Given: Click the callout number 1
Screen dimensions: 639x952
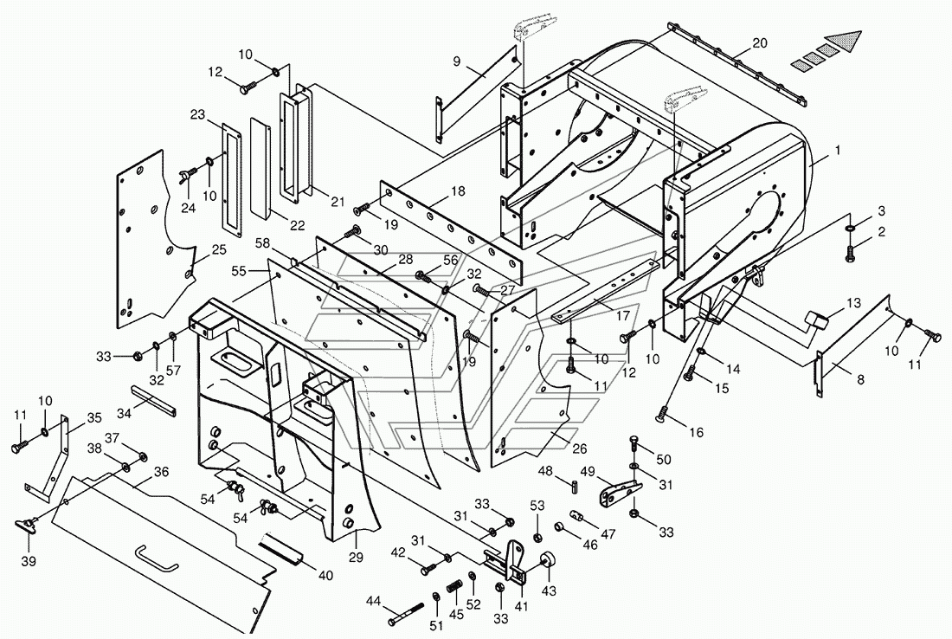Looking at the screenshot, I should point(837,151).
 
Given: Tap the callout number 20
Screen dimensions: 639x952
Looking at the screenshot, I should point(760,42).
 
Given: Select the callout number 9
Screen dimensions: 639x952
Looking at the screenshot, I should point(456,61).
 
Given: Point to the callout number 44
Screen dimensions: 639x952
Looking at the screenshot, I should point(374,600).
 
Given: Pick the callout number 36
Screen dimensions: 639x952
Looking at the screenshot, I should point(161,472).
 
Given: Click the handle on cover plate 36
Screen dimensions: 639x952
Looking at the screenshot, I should point(156,558).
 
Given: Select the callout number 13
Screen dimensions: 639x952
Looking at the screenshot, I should point(854,303).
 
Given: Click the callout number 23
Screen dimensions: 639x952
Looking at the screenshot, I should point(197,113).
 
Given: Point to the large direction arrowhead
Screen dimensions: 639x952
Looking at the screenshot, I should point(844,41).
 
